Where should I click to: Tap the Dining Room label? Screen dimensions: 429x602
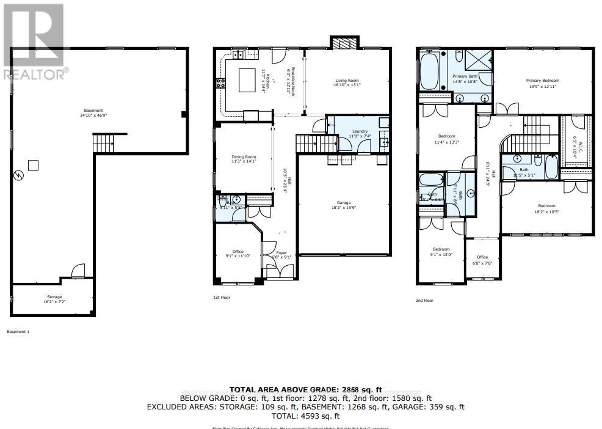242,159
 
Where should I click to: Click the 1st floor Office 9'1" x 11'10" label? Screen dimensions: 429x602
238,254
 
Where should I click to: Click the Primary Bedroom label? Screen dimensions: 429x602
543,83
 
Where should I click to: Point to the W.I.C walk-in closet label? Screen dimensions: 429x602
581,150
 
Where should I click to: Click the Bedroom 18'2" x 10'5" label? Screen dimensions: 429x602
546,208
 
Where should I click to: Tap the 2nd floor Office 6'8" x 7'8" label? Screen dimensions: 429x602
482,259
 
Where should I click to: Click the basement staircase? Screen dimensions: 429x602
102,145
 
